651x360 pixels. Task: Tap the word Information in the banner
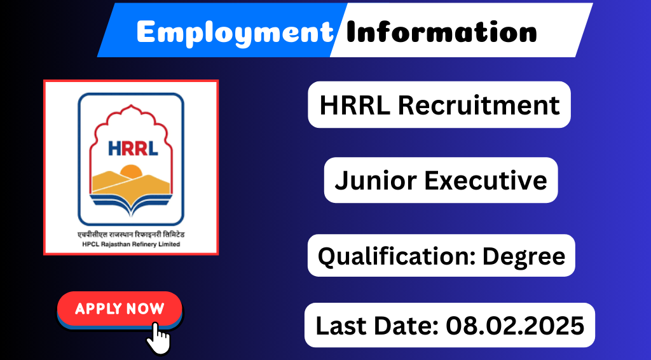(441, 31)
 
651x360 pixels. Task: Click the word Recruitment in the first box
(479, 105)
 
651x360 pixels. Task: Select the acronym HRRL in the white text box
(355, 105)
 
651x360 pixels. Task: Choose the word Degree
(524, 257)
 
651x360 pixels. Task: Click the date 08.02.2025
(515, 325)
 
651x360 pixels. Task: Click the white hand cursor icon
(158, 338)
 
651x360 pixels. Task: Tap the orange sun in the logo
(131, 172)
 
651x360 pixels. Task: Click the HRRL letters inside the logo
(133, 148)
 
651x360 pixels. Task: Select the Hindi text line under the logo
(131, 235)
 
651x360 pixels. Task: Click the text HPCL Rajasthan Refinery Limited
(131, 244)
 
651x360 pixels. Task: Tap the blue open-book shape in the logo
(131, 204)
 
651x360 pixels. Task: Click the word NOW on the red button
(146, 308)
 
